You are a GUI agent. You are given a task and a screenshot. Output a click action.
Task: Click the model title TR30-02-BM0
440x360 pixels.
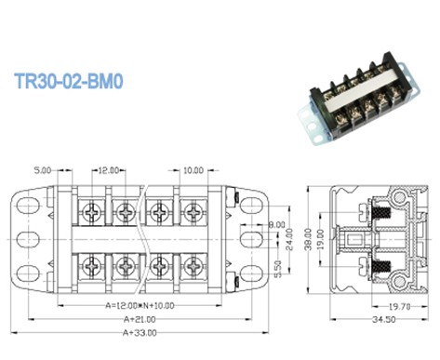pos(69,82)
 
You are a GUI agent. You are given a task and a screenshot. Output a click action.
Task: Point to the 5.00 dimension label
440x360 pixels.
pos(43,171)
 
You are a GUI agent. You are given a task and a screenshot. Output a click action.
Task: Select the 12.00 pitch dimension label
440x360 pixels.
pos(110,171)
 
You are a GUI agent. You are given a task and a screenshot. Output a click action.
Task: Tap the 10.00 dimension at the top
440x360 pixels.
pos(193,171)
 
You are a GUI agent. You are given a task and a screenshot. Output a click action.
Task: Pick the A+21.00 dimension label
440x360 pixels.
pos(127,318)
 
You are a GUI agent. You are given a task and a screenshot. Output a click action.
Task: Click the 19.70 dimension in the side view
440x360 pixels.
pos(397,304)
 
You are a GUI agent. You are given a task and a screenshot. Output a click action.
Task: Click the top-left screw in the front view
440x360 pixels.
pos(94,210)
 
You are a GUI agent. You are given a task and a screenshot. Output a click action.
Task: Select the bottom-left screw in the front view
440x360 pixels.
pos(94,266)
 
